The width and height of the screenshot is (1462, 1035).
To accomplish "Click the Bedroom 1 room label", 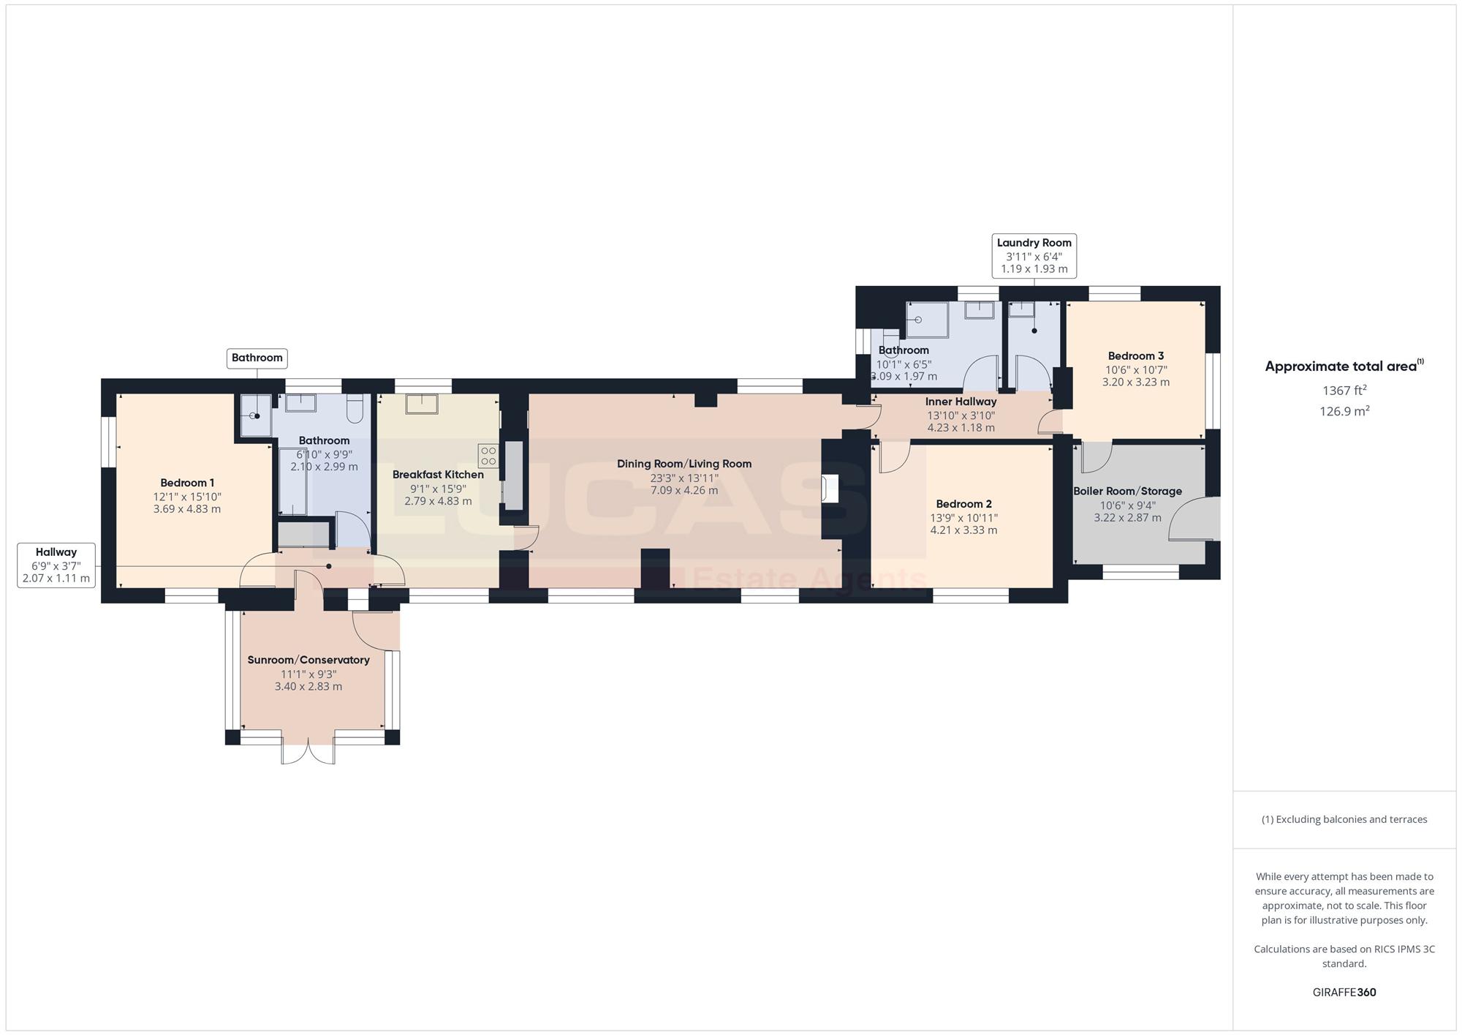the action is (187, 483).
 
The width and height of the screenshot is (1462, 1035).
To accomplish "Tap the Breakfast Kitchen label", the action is (438, 475).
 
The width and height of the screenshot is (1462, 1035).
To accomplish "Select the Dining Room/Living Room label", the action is (684, 464).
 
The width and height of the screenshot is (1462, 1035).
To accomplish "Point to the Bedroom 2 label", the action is (963, 504).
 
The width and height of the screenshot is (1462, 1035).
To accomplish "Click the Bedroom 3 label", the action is (1136, 356).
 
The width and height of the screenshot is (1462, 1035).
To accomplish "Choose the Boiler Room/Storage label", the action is (1127, 492).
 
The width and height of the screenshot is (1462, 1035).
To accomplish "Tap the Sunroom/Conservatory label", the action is (308, 660).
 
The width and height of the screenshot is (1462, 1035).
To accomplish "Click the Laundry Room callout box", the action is (1034, 256).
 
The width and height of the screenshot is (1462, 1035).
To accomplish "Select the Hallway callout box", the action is (56, 565).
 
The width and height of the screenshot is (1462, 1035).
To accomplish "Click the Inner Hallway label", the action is (961, 402).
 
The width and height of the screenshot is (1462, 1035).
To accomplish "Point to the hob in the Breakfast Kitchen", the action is (488, 456).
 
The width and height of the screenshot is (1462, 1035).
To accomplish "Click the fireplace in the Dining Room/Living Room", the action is (830, 489).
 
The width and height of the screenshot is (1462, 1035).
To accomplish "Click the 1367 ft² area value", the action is (1344, 391).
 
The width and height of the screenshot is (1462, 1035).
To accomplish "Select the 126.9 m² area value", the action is (1344, 411).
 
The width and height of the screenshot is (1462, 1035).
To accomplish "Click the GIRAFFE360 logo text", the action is (1344, 993).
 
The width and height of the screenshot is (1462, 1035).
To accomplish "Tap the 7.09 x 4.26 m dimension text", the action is (684, 490).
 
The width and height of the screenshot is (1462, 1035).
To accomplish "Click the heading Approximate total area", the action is (1344, 366).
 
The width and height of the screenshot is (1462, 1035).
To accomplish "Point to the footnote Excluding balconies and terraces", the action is (1344, 819).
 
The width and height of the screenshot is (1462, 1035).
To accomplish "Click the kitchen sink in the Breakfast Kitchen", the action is (422, 404).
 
